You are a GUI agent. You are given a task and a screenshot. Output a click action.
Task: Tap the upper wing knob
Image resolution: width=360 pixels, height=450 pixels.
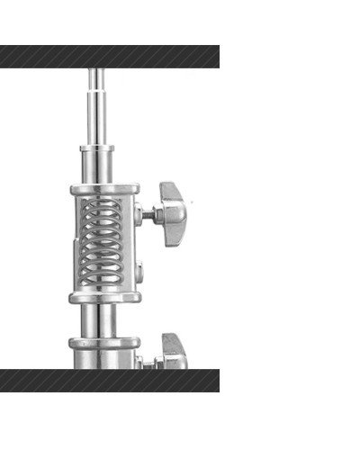click(174, 207)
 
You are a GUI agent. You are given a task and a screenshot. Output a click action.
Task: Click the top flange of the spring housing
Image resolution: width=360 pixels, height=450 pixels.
click(104, 190)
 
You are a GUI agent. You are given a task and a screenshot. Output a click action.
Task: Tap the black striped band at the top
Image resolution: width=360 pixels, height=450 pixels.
click(108, 57)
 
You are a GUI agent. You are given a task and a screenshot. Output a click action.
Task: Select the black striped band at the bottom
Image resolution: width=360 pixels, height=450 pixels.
click(108, 380)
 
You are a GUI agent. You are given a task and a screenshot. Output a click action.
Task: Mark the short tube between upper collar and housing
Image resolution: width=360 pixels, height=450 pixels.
click(99, 167)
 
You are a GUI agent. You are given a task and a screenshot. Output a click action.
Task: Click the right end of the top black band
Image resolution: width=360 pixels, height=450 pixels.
click(211, 57)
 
